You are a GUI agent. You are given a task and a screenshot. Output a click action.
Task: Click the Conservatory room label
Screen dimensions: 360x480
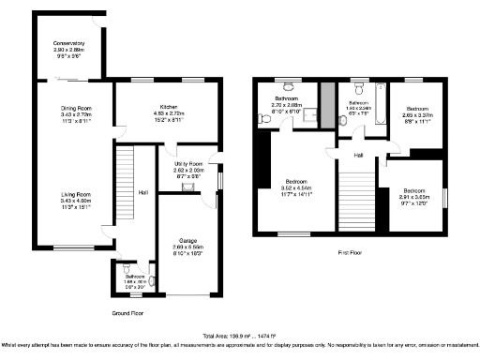pos(68,43)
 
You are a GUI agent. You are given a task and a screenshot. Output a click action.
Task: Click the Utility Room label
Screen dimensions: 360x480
pos(190,165)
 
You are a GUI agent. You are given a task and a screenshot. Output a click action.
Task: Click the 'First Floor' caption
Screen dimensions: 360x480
pos(352,252)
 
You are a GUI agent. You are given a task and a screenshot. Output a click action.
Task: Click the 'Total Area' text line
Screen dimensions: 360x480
pos(239,335)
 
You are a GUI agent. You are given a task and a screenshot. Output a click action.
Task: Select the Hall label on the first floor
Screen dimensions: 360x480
pos(358,156)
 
